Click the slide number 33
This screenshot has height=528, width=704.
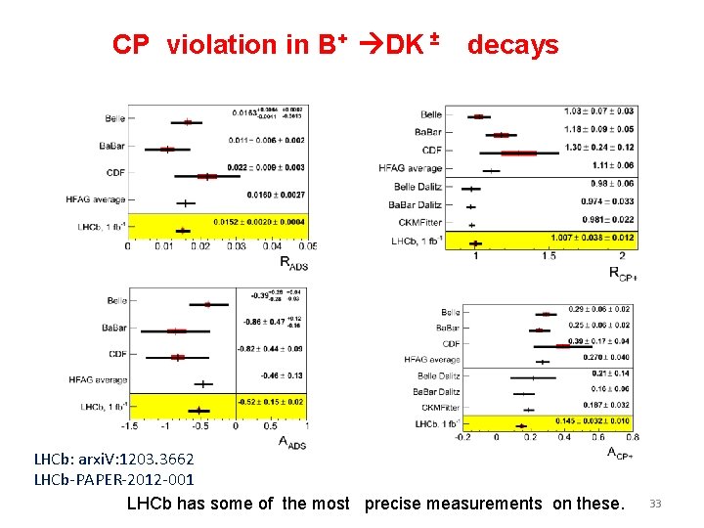655,504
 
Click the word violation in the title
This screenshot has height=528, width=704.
222,45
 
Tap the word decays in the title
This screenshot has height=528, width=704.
512,45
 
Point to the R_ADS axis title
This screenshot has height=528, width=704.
293,262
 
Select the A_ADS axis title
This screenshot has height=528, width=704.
292,443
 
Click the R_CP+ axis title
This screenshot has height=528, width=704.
622,273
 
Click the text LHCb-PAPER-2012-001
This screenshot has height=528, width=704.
114,479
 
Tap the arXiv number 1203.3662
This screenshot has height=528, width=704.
148,459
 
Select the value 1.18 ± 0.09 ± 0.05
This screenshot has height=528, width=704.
598,128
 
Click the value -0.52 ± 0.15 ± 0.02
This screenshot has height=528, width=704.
270,402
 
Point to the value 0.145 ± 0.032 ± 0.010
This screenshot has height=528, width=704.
593,421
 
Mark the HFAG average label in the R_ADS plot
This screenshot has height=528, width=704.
95,199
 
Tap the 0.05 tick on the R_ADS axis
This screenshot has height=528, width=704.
307,246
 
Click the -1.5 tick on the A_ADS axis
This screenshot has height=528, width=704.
128,425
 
